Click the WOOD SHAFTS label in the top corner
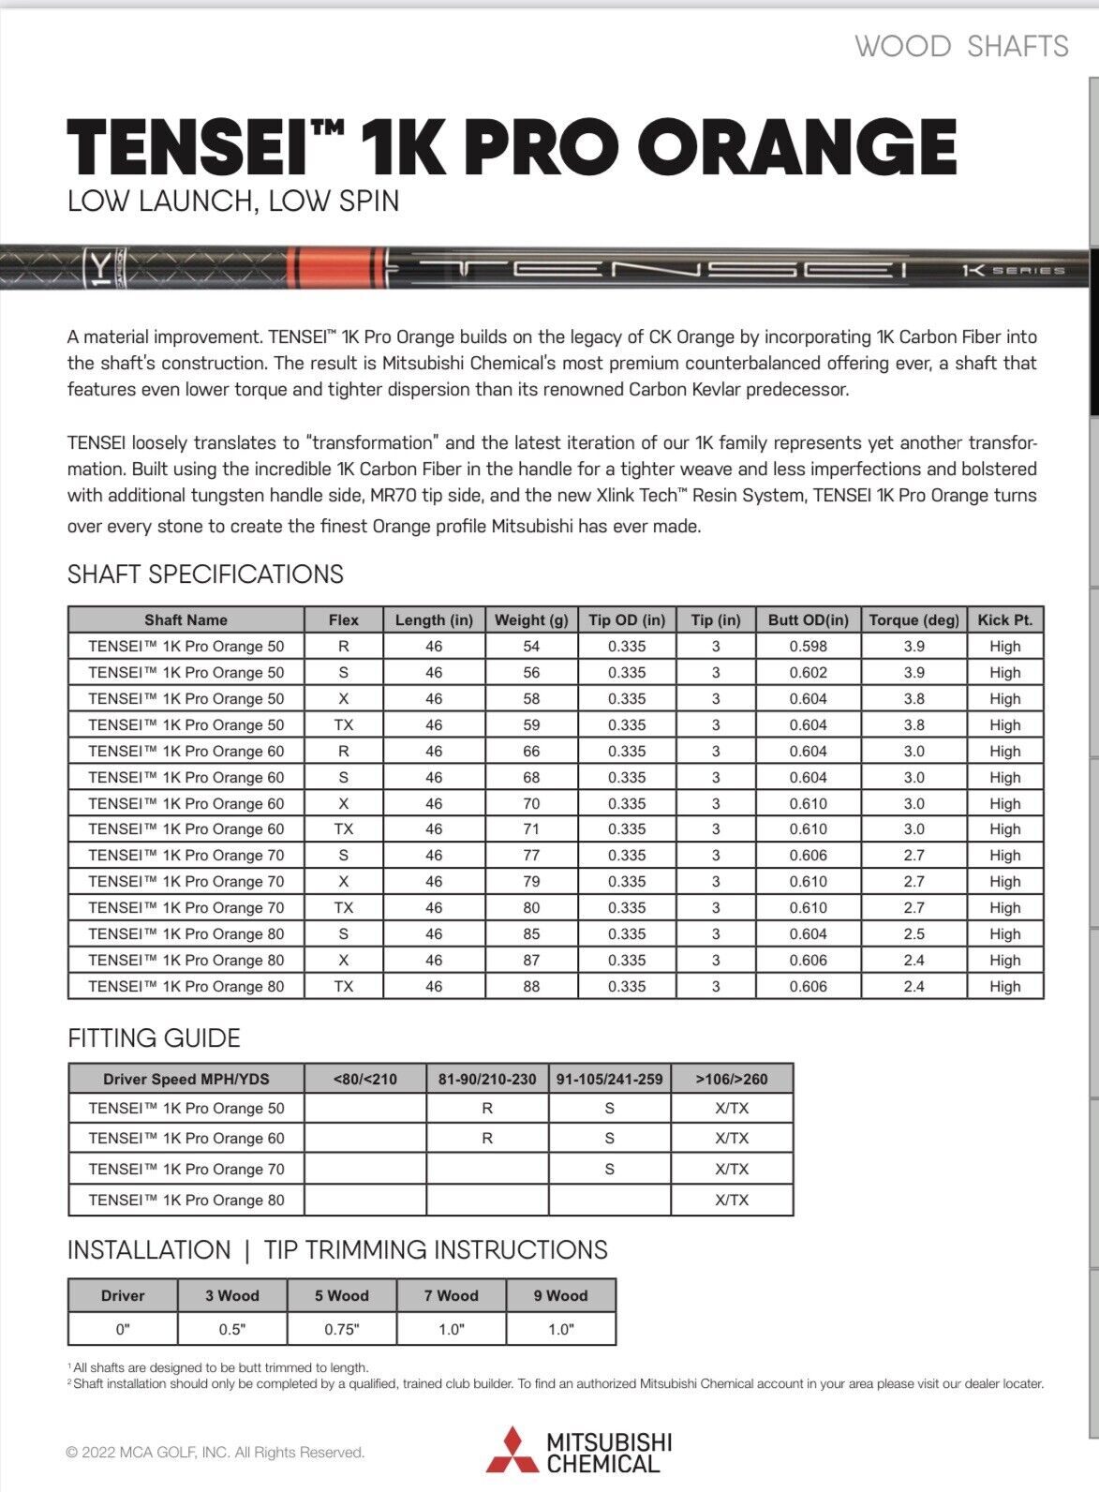[x=961, y=46]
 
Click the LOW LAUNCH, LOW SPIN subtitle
[x=233, y=201]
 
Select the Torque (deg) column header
[x=913, y=619]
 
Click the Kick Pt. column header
[x=1004, y=619]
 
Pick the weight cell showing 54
[x=531, y=646]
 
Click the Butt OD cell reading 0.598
[x=808, y=646]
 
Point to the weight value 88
[x=531, y=986]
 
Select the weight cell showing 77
[x=531, y=855]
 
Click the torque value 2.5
[x=913, y=933]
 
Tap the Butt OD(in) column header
[x=808, y=619]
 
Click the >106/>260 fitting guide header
[x=732, y=1079]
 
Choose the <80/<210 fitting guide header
[x=364, y=1079]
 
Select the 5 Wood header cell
[x=342, y=1295]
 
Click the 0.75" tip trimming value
[x=342, y=1329]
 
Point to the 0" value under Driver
[x=123, y=1329]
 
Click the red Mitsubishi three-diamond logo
[x=512, y=1450]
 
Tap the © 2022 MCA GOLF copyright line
[x=215, y=1452]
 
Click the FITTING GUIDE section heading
[x=154, y=1037]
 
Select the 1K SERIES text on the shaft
[x=1013, y=270]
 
